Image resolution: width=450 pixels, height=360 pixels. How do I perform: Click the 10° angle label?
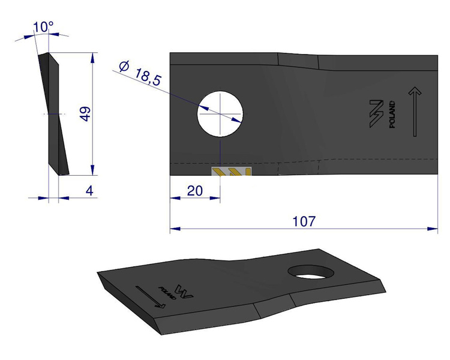(x=43, y=27)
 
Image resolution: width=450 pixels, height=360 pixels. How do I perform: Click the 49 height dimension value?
(x=85, y=114)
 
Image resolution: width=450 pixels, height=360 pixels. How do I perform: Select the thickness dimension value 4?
(x=89, y=191)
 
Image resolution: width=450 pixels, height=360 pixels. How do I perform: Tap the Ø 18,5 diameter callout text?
(x=140, y=73)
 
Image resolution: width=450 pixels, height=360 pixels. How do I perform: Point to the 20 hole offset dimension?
(x=195, y=191)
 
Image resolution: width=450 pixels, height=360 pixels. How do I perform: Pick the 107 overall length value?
(x=304, y=221)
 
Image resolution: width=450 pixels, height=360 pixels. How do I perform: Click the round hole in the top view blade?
(x=220, y=114)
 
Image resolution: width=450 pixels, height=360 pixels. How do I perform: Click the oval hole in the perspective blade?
(x=311, y=272)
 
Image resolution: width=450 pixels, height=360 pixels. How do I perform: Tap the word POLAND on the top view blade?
(x=392, y=114)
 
